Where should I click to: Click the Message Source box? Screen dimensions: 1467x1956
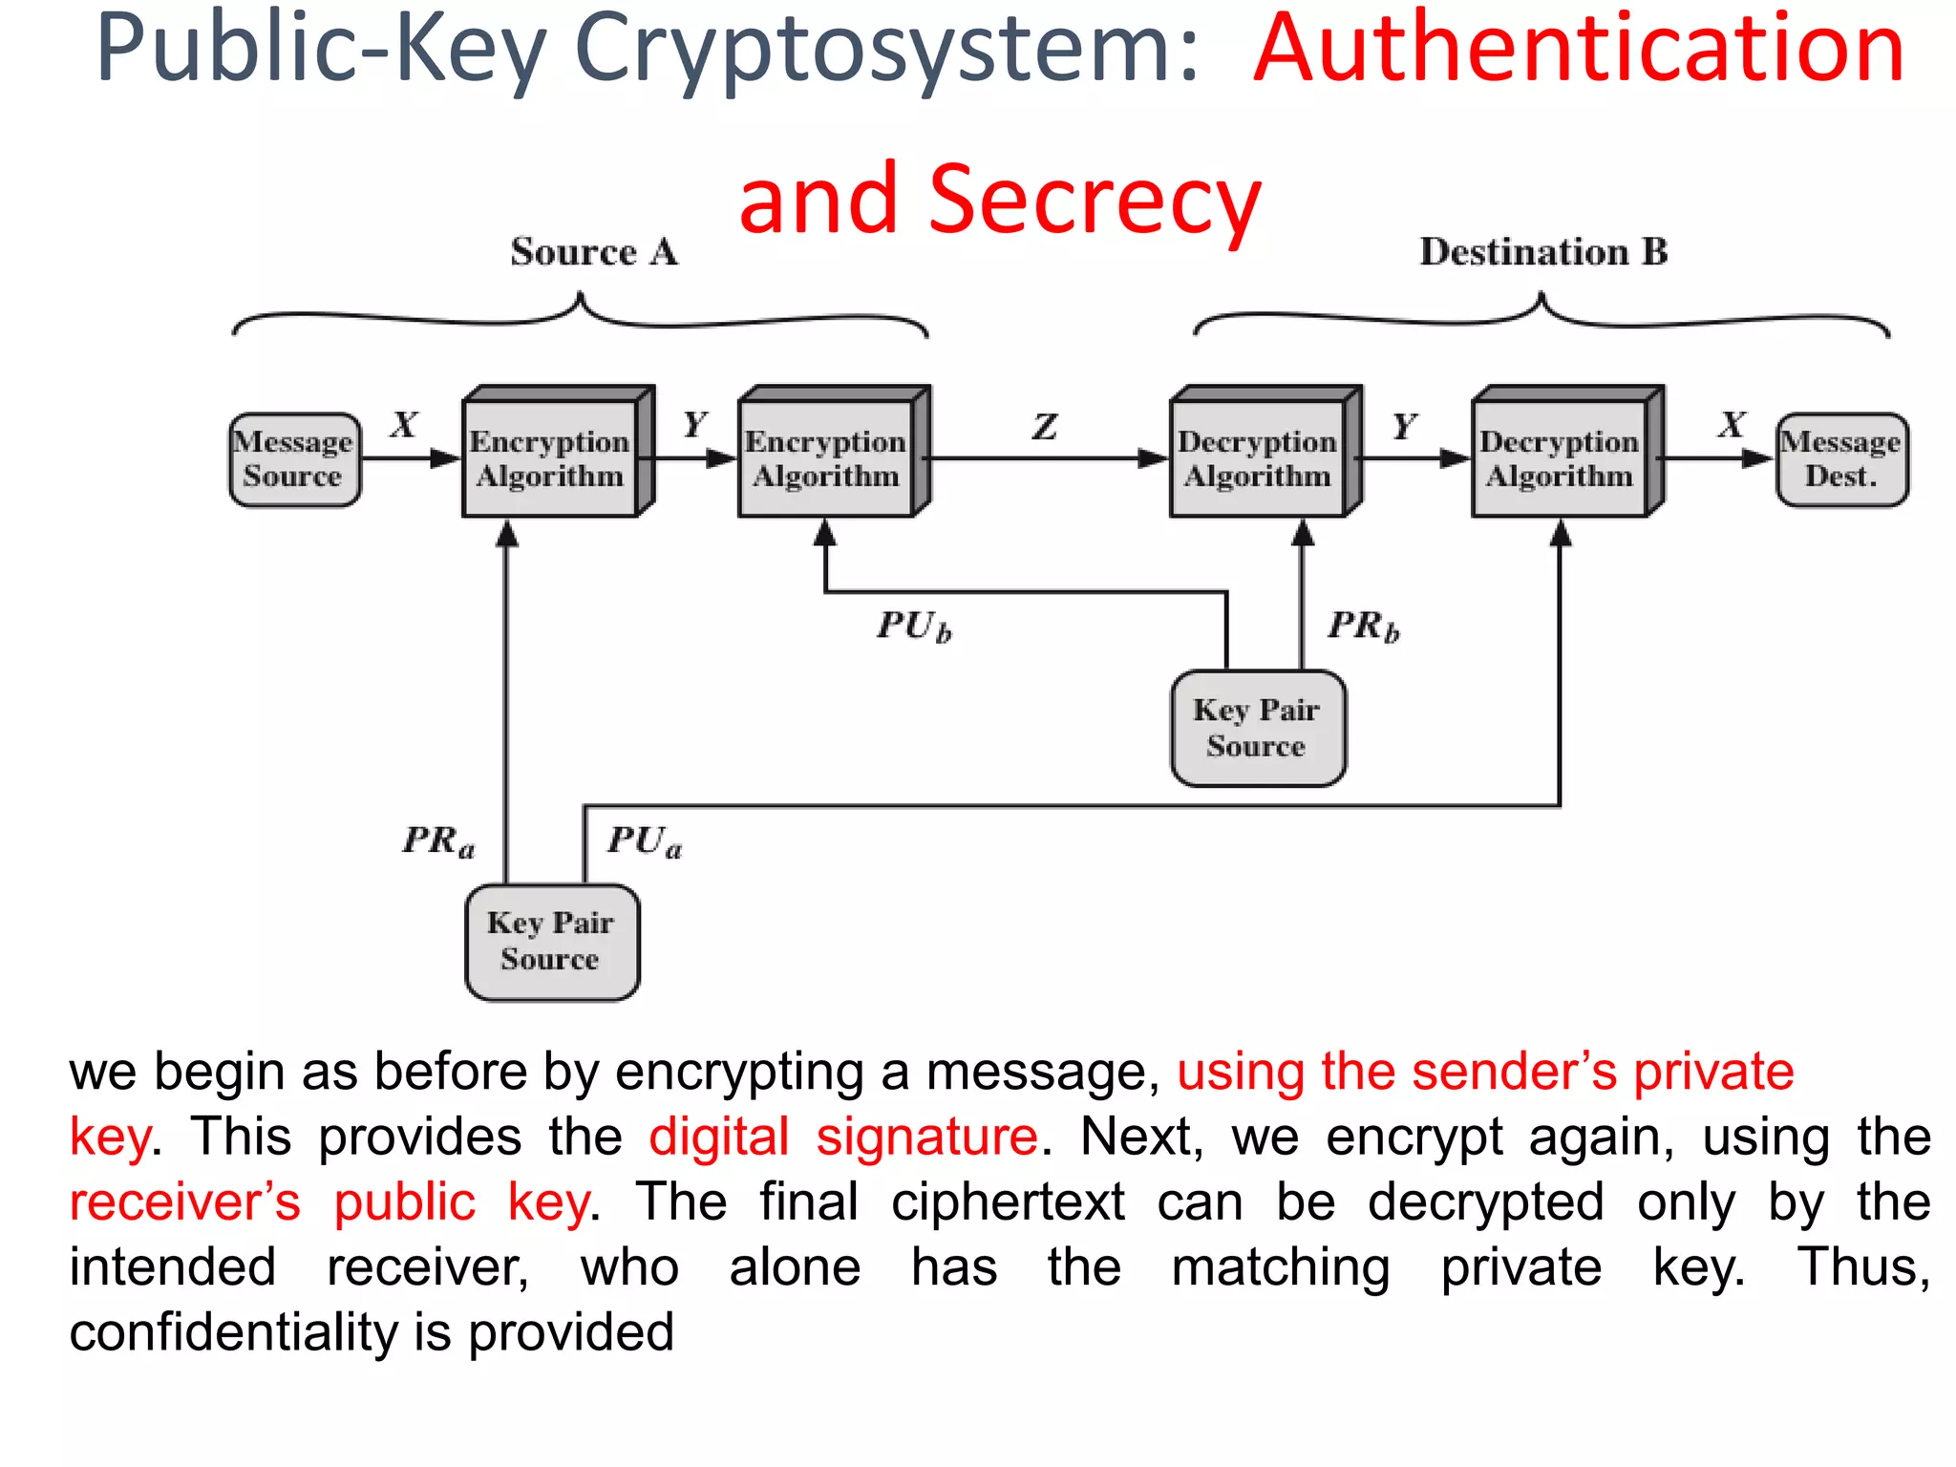(x=294, y=459)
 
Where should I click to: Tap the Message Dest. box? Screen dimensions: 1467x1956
(x=1841, y=459)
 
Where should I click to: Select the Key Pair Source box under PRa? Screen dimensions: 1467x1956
(x=552, y=942)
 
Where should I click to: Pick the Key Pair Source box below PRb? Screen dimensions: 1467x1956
(x=1257, y=728)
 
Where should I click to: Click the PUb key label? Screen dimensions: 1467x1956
(x=914, y=627)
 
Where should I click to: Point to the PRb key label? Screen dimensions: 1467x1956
(x=1363, y=627)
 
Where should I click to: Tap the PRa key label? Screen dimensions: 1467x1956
(x=438, y=841)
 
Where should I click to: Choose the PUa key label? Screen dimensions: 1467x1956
(x=645, y=841)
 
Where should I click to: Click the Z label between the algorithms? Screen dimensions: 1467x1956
(x=1045, y=426)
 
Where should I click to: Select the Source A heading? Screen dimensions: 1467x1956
(x=594, y=252)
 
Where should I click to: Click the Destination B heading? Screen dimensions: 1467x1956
(x=1543, y=252)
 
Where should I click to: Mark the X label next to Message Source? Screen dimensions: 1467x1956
(x=404, y=424)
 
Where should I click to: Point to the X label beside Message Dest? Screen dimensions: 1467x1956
(x=1732, y=424)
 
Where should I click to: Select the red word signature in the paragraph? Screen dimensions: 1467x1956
(x=926, y=1137)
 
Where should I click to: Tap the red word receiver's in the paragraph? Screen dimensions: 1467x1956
(x=185, y=1201)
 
